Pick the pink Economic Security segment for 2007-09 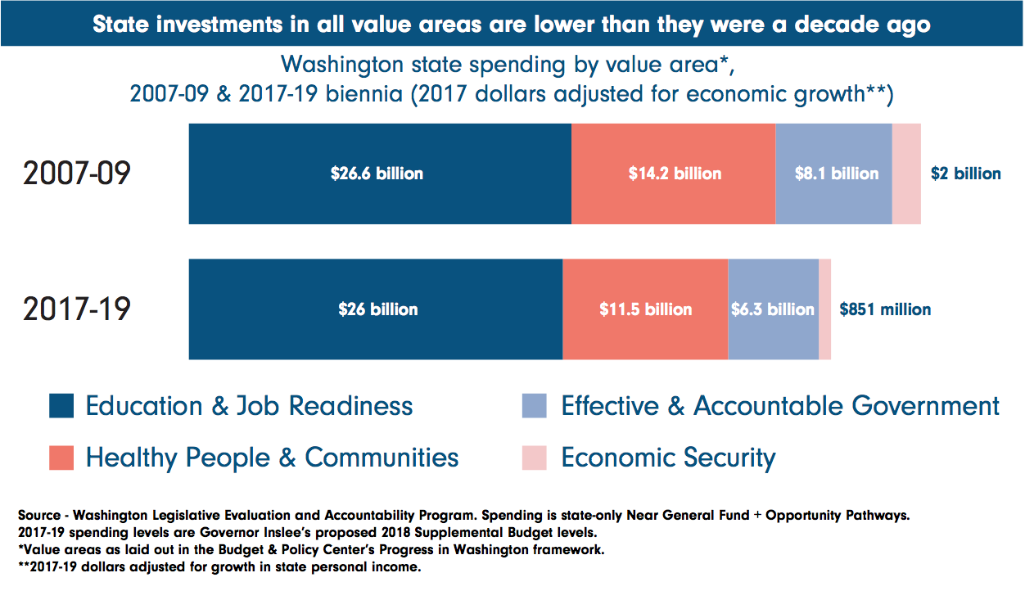click(906, 174)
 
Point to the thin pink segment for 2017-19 click(824, 309)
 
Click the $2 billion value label click(965, 174)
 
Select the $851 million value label click(885, 309)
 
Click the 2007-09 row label click(77, 174)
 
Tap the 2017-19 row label click(77, 309)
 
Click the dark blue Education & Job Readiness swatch click(61, 406)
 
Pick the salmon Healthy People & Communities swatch click(61, 458)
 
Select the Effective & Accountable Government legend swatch click(534, 406)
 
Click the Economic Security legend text click(668, 458)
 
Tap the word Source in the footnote click(38, 516)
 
